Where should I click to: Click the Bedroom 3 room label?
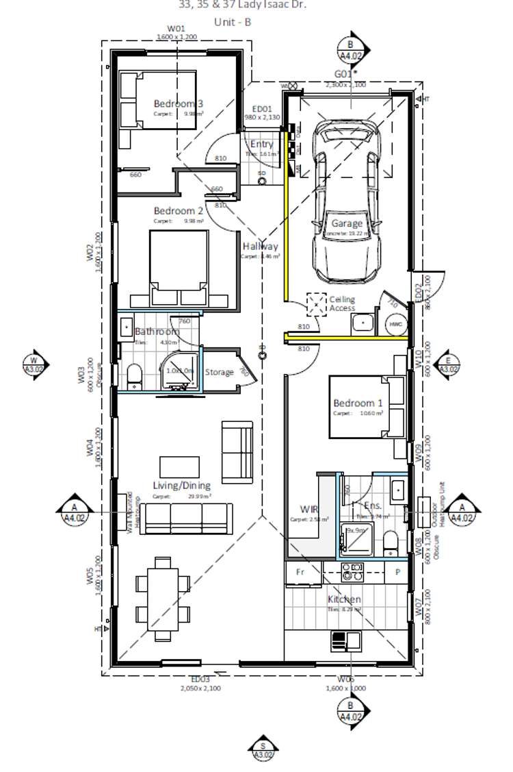178,103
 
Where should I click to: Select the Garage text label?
347,223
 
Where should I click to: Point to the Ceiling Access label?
342,303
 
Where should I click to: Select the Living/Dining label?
181,486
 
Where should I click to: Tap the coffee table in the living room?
180,466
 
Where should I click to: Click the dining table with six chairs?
163,599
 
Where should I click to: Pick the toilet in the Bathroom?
134,376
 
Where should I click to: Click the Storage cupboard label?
219,372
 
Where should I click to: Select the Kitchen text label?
344,599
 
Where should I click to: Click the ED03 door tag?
200,680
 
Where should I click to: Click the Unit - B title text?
233,21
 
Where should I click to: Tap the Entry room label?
261,145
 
